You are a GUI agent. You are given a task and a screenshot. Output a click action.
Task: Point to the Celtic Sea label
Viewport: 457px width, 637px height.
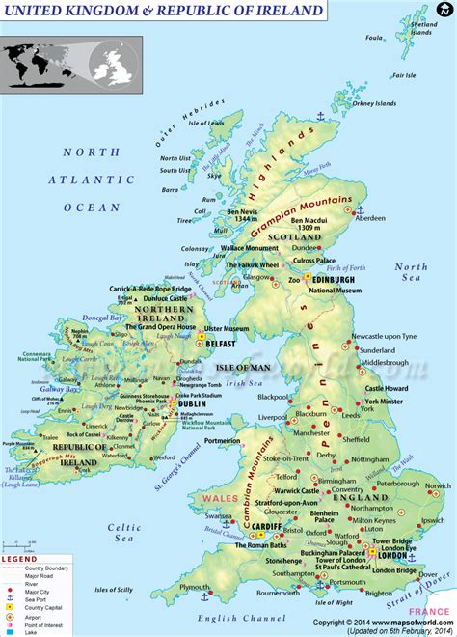point(124,533)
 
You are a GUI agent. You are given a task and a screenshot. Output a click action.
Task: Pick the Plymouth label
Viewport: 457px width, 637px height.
point(194,587)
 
